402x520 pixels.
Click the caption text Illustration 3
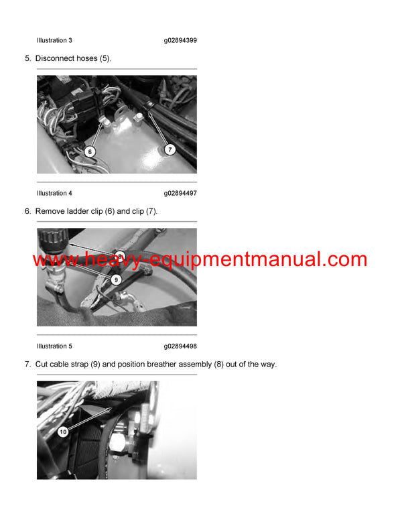tap(54, 40)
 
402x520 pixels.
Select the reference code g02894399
tap(180, 40)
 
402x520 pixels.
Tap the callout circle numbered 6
tap(90, 151)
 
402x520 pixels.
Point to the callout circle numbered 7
tap(170, 149)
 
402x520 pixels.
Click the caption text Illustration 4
tap(54, 193)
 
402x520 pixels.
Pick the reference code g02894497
tap(180, 193)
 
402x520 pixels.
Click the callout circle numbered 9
tap(116, 279)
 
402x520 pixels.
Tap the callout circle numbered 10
tap(63, 432)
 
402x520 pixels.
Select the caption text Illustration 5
tap(54, 346)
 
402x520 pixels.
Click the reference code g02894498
tap(180, 346)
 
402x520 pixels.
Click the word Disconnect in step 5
tap(56, 58)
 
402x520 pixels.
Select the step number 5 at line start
tap(27, 58)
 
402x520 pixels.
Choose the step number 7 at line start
tap(27, 364)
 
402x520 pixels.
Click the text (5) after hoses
tap(105, 58)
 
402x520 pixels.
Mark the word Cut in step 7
tap(42, 364)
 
